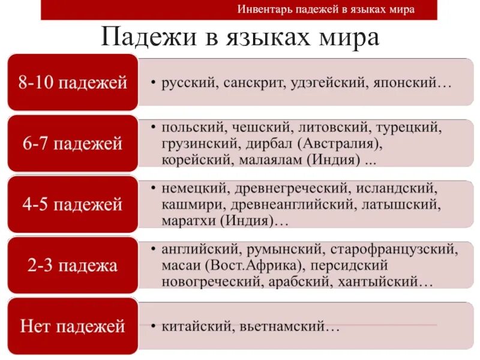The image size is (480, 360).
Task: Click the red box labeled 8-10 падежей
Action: [x=73, y=82]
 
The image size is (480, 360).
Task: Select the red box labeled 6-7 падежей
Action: [x=73, y=143]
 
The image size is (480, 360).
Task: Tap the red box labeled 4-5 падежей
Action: [x=73, y=205]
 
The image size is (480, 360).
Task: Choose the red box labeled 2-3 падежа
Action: [x=73, y=265]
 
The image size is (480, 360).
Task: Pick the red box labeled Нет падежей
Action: [x=73, y=326]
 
